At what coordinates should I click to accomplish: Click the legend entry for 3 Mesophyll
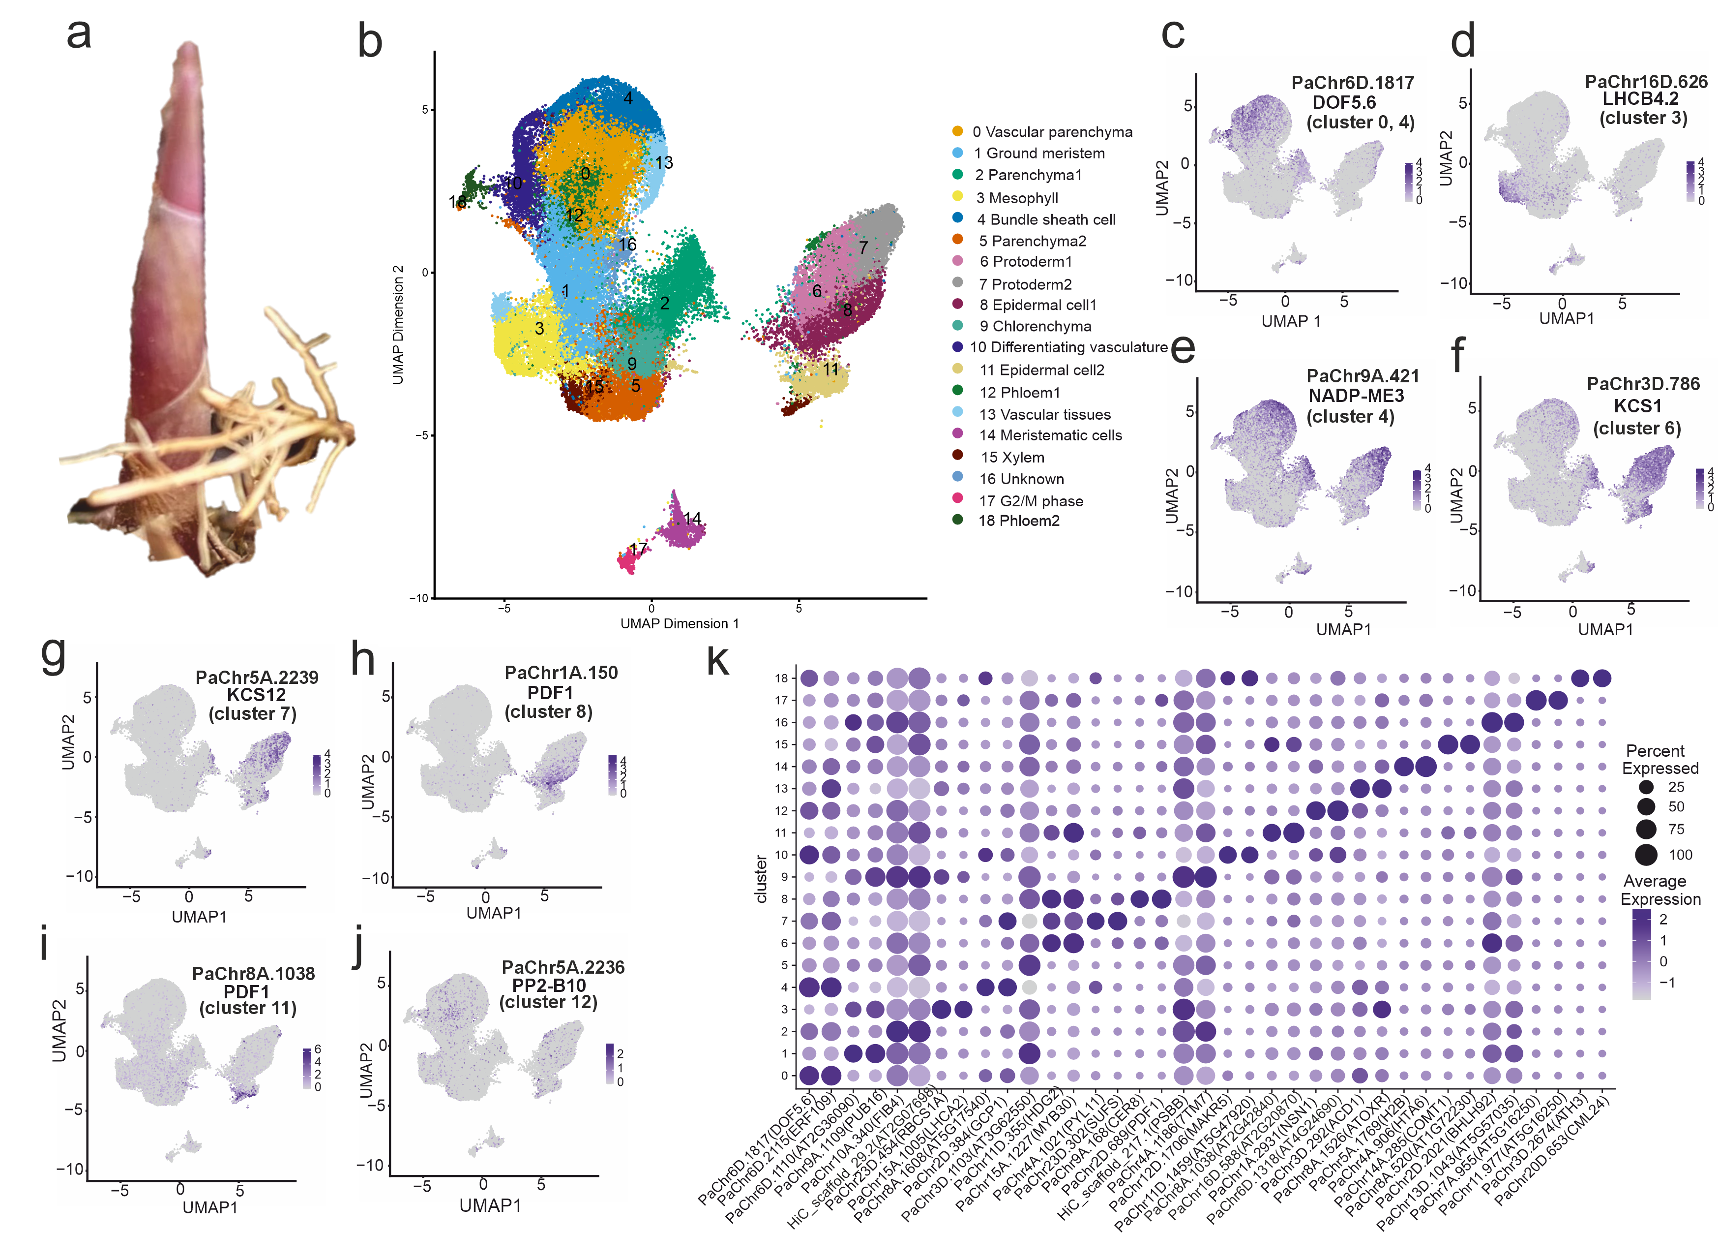tap(1016, 198)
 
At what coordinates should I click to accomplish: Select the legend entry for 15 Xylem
tap(1012, 457)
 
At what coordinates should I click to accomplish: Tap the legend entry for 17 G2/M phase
tap(1030, 501)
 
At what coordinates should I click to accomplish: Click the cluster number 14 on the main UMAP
tap(692, 519)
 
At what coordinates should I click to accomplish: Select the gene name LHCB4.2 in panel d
tap(1639, 98)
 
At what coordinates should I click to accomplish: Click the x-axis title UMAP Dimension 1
tap(679, 623)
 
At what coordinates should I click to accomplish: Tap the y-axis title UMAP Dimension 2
tap(398, 325)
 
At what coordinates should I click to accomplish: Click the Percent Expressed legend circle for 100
tap(1645, 855)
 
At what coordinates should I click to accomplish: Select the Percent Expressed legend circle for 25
tap(1645, 787)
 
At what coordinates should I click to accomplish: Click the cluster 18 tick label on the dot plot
tap(781, 678)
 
